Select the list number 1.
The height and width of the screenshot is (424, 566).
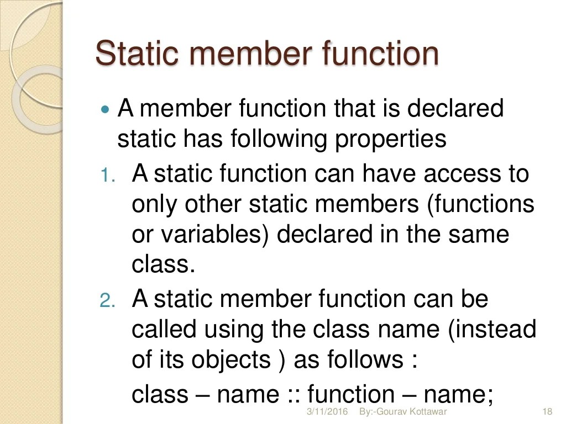pos(107,176)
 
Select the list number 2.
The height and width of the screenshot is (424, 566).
pos(107,301)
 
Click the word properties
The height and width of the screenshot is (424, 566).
pos(390,139)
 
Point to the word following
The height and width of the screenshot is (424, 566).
pos(280,139)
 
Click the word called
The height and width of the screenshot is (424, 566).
pos(164,330)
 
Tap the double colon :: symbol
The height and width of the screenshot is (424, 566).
pos(294,395)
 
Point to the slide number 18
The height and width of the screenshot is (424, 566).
pos(548,412)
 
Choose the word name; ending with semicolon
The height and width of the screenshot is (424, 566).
pos(458,395)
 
